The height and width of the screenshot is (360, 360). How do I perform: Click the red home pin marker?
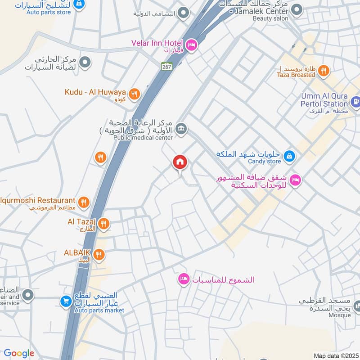180,162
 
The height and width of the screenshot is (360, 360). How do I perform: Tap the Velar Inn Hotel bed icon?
191,45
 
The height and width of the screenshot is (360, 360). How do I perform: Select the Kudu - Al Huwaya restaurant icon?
134,94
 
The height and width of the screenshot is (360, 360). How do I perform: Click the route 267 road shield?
167,66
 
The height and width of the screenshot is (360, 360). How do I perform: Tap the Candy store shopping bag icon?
290,156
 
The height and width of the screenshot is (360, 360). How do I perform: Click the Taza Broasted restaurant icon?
323,71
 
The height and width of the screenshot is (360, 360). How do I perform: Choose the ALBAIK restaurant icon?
99,255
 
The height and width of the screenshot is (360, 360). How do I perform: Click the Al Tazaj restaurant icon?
103,224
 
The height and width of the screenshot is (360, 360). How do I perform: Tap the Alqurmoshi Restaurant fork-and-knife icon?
83,202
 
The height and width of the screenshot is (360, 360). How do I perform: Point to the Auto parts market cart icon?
66,301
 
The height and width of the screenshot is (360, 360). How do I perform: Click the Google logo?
19,353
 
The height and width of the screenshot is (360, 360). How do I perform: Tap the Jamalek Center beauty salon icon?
296,9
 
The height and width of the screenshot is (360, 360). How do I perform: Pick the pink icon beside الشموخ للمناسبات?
183,279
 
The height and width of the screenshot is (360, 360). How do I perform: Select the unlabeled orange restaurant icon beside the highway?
100,157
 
